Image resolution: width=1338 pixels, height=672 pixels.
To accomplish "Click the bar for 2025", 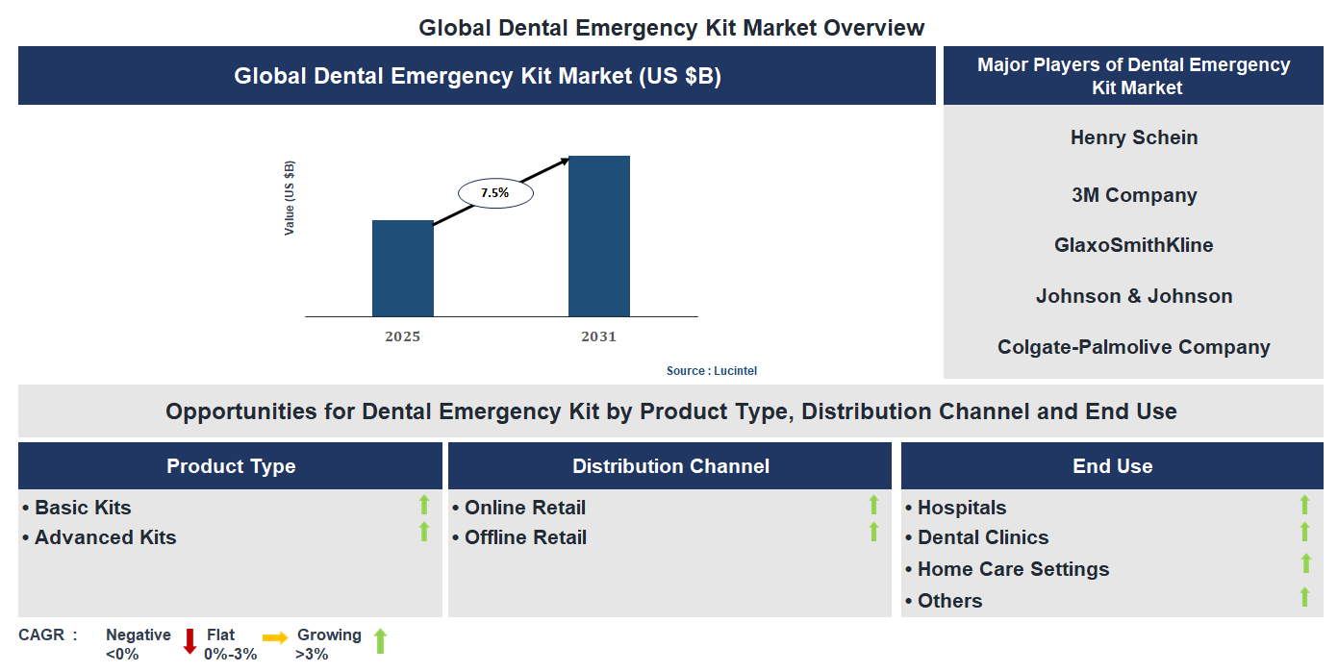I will click(402, 268).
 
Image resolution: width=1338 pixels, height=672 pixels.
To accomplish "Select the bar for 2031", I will click(598, 236).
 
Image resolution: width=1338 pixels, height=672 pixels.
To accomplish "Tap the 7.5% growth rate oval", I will click(494, 192).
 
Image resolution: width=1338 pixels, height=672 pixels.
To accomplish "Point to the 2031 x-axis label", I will click(598, 336).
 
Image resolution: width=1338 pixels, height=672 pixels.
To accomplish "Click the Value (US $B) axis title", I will click(289, 198).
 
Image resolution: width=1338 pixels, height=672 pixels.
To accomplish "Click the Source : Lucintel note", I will click(705, 370).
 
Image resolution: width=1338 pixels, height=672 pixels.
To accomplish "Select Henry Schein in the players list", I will click(1133, 137).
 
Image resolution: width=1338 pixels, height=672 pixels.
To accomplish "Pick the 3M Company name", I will click(1133, 195).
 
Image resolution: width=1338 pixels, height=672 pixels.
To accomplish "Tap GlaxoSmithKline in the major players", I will click(1133, 245).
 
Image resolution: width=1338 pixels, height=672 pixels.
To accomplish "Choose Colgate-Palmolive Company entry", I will click(1133, 347).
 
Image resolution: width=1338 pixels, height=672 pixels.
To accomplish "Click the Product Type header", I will click(231, 466).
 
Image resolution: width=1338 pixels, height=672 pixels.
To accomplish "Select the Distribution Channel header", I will click(670, 466).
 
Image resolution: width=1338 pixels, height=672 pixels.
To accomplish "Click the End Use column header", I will click(1112, 466).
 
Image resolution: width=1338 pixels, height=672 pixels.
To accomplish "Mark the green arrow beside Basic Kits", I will click(423, 505).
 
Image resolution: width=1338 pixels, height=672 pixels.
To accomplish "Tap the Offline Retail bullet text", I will click(525, 537).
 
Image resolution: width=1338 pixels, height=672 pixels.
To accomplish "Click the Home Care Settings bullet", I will click(1013, 569).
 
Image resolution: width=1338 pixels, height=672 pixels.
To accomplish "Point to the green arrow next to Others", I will click(1304, 597).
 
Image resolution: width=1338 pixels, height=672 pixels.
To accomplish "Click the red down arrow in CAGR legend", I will click(189, 641).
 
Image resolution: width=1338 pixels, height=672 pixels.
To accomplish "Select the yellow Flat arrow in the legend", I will click(275, 637).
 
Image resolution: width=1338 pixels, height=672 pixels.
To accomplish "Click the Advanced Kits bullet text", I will click(105, 537).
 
